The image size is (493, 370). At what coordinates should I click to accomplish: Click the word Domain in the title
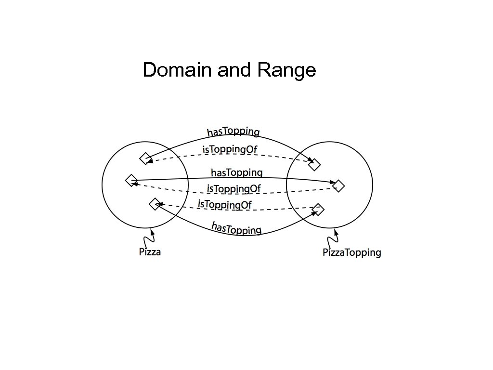point(177,70)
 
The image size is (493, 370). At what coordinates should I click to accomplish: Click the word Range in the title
point(286,70)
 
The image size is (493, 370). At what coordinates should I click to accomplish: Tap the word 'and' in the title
point(234,70)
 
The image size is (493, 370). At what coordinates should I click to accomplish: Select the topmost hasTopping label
point(234,131)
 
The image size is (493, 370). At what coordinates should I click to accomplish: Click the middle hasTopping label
point(237,172)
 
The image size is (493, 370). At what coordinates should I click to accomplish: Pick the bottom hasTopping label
point(236,228)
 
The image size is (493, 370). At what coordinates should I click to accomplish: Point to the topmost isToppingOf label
point(230,150)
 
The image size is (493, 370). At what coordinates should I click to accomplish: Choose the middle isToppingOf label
point(234,188)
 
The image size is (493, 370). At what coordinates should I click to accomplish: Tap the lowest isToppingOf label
point(225,204)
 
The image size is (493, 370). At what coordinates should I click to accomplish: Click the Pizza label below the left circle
point(150,251)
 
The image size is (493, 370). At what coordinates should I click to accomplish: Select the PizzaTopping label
point(352,252)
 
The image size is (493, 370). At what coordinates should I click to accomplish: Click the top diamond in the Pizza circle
point(145,158)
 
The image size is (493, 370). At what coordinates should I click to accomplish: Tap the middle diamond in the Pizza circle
point(131,180)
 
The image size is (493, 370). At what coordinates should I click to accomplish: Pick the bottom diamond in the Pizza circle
point(155,204)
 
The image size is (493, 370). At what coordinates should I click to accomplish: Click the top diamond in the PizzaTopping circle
point(314,164)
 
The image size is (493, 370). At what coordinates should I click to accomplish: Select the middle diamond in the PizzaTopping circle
point(338,185)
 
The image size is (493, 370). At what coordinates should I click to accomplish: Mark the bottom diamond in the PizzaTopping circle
point(318,209)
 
